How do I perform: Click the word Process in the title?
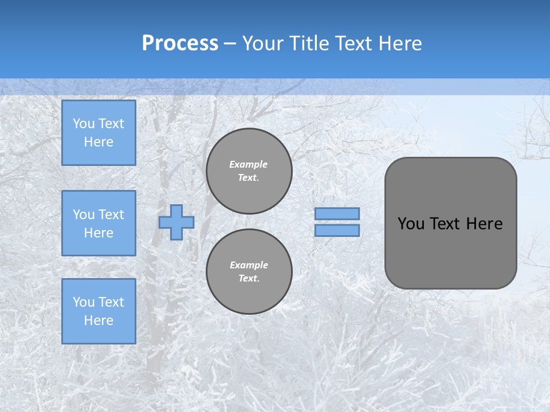180,43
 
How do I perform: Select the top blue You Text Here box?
99,133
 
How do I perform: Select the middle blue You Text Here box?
99,223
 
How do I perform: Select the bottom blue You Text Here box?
99,311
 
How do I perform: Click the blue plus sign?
176,222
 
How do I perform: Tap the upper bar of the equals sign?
337,213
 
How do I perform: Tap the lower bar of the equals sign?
337,231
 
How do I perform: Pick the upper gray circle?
249,171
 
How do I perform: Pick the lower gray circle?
249,271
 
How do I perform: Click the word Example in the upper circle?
248,164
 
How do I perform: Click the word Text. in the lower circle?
249,278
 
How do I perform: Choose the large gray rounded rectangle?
450,252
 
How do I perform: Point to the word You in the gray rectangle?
411,224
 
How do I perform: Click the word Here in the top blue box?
99,142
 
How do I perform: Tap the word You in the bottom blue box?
84,302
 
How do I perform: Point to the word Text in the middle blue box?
111,215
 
